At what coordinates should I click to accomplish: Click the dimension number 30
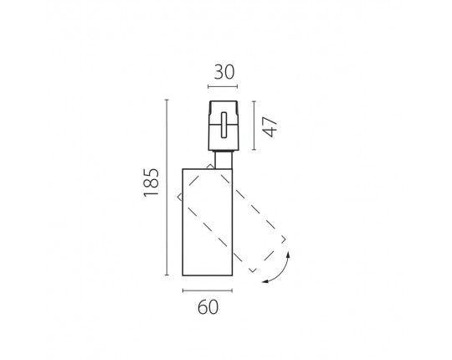[224, 72]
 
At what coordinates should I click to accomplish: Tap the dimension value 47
[270, 126]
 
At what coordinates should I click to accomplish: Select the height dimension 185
[152, 183]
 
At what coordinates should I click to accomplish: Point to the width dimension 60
[208, 307]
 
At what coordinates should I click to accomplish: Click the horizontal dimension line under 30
[223, 86]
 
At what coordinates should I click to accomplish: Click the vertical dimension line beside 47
[254, 126]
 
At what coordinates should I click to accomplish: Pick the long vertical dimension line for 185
[167, 188]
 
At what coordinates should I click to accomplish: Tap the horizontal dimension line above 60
[208, 291]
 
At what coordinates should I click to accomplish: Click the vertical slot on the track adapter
[224, 125]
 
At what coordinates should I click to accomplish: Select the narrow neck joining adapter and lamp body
[223, 160]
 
